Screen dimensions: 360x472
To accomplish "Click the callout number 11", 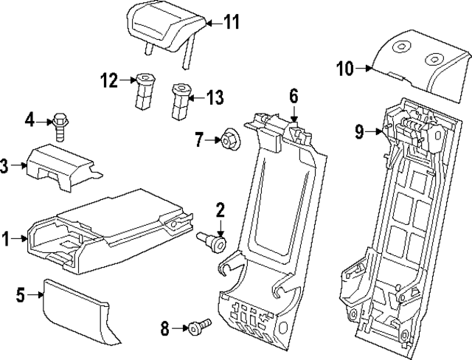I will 232,23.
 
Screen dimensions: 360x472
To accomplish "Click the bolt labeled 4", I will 60,127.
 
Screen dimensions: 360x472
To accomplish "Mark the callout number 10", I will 346,69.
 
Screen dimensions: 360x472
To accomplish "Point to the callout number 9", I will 359,132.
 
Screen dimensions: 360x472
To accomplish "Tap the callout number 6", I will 293,95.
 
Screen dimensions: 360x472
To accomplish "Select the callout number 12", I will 109,80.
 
